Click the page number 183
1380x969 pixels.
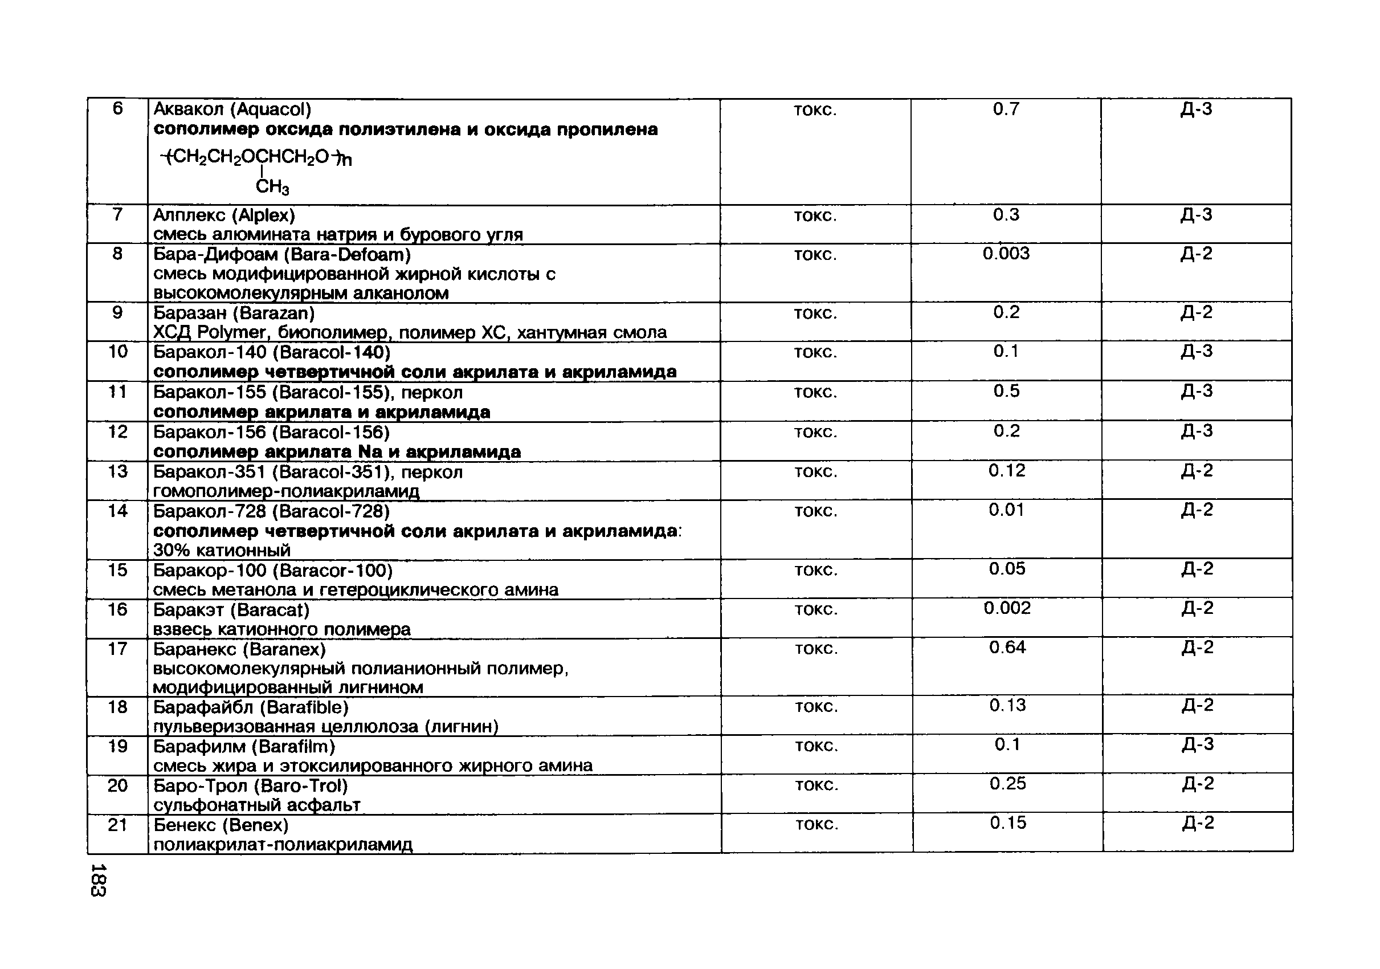click(x=98, y=880)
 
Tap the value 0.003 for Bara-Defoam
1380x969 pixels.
click(x=1006, y=254)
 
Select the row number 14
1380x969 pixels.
click(x=118, y=511)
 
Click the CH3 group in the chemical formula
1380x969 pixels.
click(x=272, y=187)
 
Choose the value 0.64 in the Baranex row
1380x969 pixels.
click(x=1007, y=648)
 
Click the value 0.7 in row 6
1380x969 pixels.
click(x=1006, y=109)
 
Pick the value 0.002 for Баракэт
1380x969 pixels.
click(x=1007, y=608)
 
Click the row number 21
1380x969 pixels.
click(x=118, y=824)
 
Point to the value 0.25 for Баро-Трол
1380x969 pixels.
click(x=1007, y=783)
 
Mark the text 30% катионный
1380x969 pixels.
click(x=222, y=550)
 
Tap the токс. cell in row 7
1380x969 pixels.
click(x=815, y=216)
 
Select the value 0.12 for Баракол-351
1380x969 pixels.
click(x=1007, y=471)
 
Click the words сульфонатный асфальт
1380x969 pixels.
click(x=256, y=804)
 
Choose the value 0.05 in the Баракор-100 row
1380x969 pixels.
click(x=1007, y=569)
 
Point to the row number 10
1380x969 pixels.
click(x=118, y=352)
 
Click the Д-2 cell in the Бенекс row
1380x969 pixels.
click(x=1198, y=823)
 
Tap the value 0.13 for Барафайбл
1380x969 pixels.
click(x=1007, y=705)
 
